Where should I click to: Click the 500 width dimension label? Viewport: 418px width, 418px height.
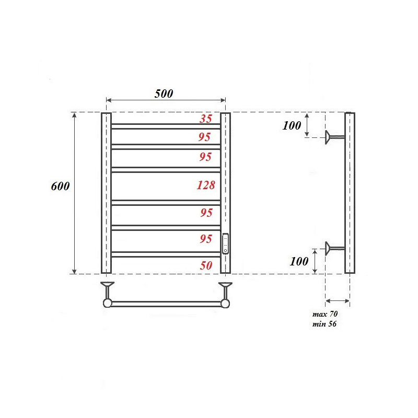[164, 94]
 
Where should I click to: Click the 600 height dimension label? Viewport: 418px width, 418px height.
[61, 187]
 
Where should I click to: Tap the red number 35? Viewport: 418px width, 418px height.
[206, 119]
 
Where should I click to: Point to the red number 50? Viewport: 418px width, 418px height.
[206, 265]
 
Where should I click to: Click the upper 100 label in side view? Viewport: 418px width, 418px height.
[292, 125]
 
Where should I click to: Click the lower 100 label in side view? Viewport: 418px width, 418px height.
[299, 261]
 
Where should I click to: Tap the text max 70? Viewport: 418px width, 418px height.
[325, 315]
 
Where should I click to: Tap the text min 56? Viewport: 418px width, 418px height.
[324, 324]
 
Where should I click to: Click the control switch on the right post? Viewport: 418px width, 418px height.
[225, 243]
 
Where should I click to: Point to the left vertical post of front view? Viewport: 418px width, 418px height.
[106, 193]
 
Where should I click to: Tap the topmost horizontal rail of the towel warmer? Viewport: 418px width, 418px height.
[166, 126]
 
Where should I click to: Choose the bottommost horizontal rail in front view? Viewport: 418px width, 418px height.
[166, 254]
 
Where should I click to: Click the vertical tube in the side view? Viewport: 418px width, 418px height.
[350, 193]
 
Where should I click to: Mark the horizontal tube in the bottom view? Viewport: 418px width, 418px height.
[166, 304]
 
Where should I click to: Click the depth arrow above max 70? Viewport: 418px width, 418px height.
[338, 300]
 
